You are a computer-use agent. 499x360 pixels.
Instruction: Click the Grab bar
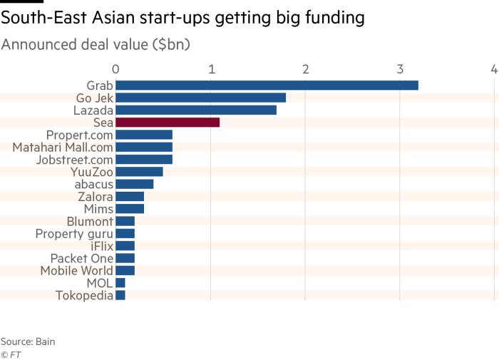267,86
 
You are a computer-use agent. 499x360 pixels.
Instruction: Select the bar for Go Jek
200,98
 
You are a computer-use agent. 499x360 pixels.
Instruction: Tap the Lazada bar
196,110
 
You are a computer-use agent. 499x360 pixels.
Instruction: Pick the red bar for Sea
168,123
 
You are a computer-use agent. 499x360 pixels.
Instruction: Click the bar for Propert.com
144,135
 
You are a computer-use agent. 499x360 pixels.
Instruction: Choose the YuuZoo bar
139,172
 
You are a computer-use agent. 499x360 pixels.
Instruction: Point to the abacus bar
135,184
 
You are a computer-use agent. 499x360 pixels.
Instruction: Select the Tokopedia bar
120,295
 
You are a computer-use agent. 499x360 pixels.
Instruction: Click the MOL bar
120,283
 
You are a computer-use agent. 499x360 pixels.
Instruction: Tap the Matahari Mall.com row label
63,148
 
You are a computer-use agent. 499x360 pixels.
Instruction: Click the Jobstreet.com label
74,160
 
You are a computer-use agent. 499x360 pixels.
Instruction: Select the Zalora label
95,196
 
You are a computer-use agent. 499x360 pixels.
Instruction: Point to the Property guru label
74,234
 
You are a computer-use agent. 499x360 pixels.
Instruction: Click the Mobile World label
76,271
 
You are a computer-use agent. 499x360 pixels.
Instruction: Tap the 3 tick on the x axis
400,69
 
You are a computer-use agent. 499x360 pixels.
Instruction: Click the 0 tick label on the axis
115,69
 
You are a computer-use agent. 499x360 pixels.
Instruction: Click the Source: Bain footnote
28,341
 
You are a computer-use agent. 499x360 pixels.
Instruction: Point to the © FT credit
10,354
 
